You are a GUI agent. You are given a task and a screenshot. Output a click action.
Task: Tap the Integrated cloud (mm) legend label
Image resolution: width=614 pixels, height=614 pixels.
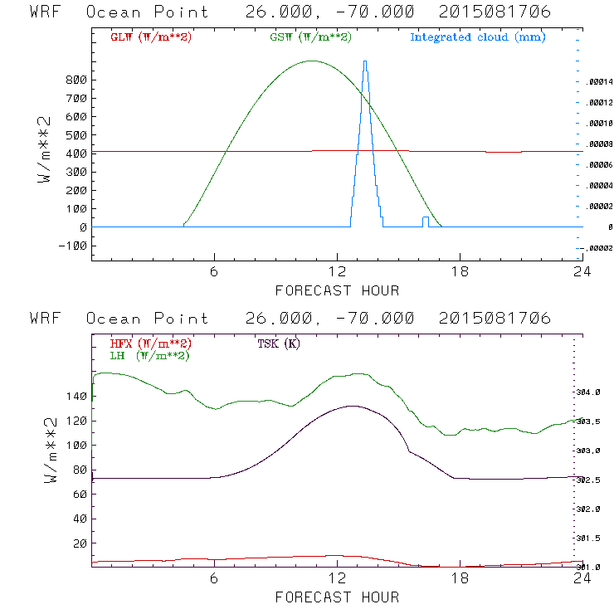478,37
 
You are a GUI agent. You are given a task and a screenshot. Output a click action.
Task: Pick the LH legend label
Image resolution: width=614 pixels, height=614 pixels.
150,355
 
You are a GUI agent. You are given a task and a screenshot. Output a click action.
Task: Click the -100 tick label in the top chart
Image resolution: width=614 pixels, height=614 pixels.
75,246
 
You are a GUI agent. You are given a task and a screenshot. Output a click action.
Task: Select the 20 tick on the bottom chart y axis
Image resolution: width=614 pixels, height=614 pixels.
80,543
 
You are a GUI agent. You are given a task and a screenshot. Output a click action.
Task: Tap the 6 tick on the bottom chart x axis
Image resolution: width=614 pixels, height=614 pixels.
214,580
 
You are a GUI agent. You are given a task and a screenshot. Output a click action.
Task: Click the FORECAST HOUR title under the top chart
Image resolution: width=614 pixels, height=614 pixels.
337,290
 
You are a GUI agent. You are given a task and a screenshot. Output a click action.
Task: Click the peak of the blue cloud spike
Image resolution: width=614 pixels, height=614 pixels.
365,61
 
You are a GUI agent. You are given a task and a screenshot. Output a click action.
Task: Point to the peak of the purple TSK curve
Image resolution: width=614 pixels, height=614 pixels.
352,406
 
